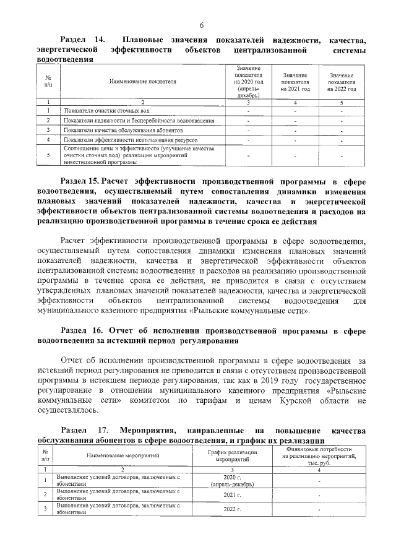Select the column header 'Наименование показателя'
pyautogui.click(x=143, y=81)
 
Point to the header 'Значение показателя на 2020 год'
pyautogui.click(x=248, y=81)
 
